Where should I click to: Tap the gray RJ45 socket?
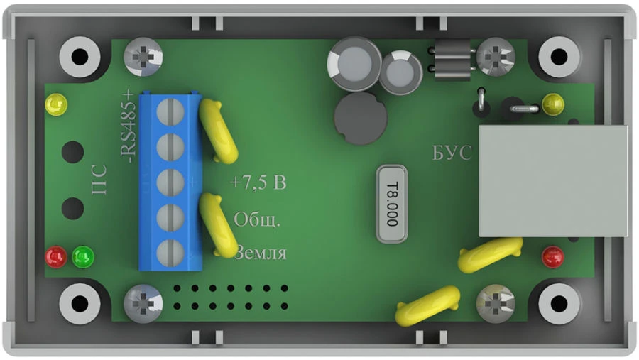pos(553,181)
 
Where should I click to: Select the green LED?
pos(83,256)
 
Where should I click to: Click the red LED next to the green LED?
pos(56,256)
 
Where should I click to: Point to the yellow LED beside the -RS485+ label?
pos(55,106)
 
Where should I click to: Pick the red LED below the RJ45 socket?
pos(552,257)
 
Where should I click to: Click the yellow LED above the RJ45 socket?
pos(552,105)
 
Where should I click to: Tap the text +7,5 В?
pos(258,184)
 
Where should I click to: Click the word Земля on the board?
pos(260,253)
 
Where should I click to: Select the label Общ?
pos(257,219)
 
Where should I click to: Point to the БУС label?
pos(452,153)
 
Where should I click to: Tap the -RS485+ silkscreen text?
pos(128,129)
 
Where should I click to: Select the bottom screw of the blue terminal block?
pos(165,251)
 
